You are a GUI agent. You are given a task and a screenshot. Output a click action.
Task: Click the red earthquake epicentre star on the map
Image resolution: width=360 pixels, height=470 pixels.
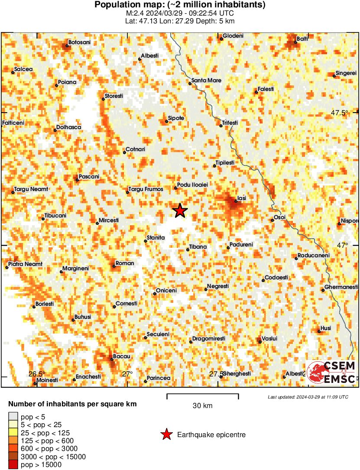click(x=180, y=211)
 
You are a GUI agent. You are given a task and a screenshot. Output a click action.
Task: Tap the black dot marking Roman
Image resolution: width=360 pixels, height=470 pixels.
click(x=114, y=266)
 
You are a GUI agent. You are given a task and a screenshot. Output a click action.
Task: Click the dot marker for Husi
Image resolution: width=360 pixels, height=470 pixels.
click(x=319, y=331)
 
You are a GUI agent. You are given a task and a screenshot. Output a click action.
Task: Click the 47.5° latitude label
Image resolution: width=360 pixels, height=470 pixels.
click(x=340, y=113)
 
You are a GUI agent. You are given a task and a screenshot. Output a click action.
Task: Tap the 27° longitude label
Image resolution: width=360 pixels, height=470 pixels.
click(x=127, y=374)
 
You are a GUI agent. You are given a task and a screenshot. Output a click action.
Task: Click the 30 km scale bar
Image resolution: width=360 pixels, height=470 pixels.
click(x=203, y=395)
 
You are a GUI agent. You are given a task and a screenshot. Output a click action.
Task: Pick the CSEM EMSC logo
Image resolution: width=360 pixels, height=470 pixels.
click(x=331, y=372)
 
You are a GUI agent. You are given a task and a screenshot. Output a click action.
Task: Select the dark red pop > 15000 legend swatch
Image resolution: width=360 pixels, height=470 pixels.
click(x=13, y=465)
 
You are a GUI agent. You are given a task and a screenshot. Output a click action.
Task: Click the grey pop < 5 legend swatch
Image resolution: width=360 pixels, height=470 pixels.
click(x=13, y=417)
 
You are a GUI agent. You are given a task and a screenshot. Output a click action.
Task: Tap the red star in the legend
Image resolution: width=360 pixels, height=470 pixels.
click(x=166, y=434)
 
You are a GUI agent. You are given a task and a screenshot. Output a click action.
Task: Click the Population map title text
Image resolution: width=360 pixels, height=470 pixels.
click(x=180, y=5)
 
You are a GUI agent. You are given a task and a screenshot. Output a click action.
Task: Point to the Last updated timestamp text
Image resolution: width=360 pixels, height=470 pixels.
click(x=308, y=397)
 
